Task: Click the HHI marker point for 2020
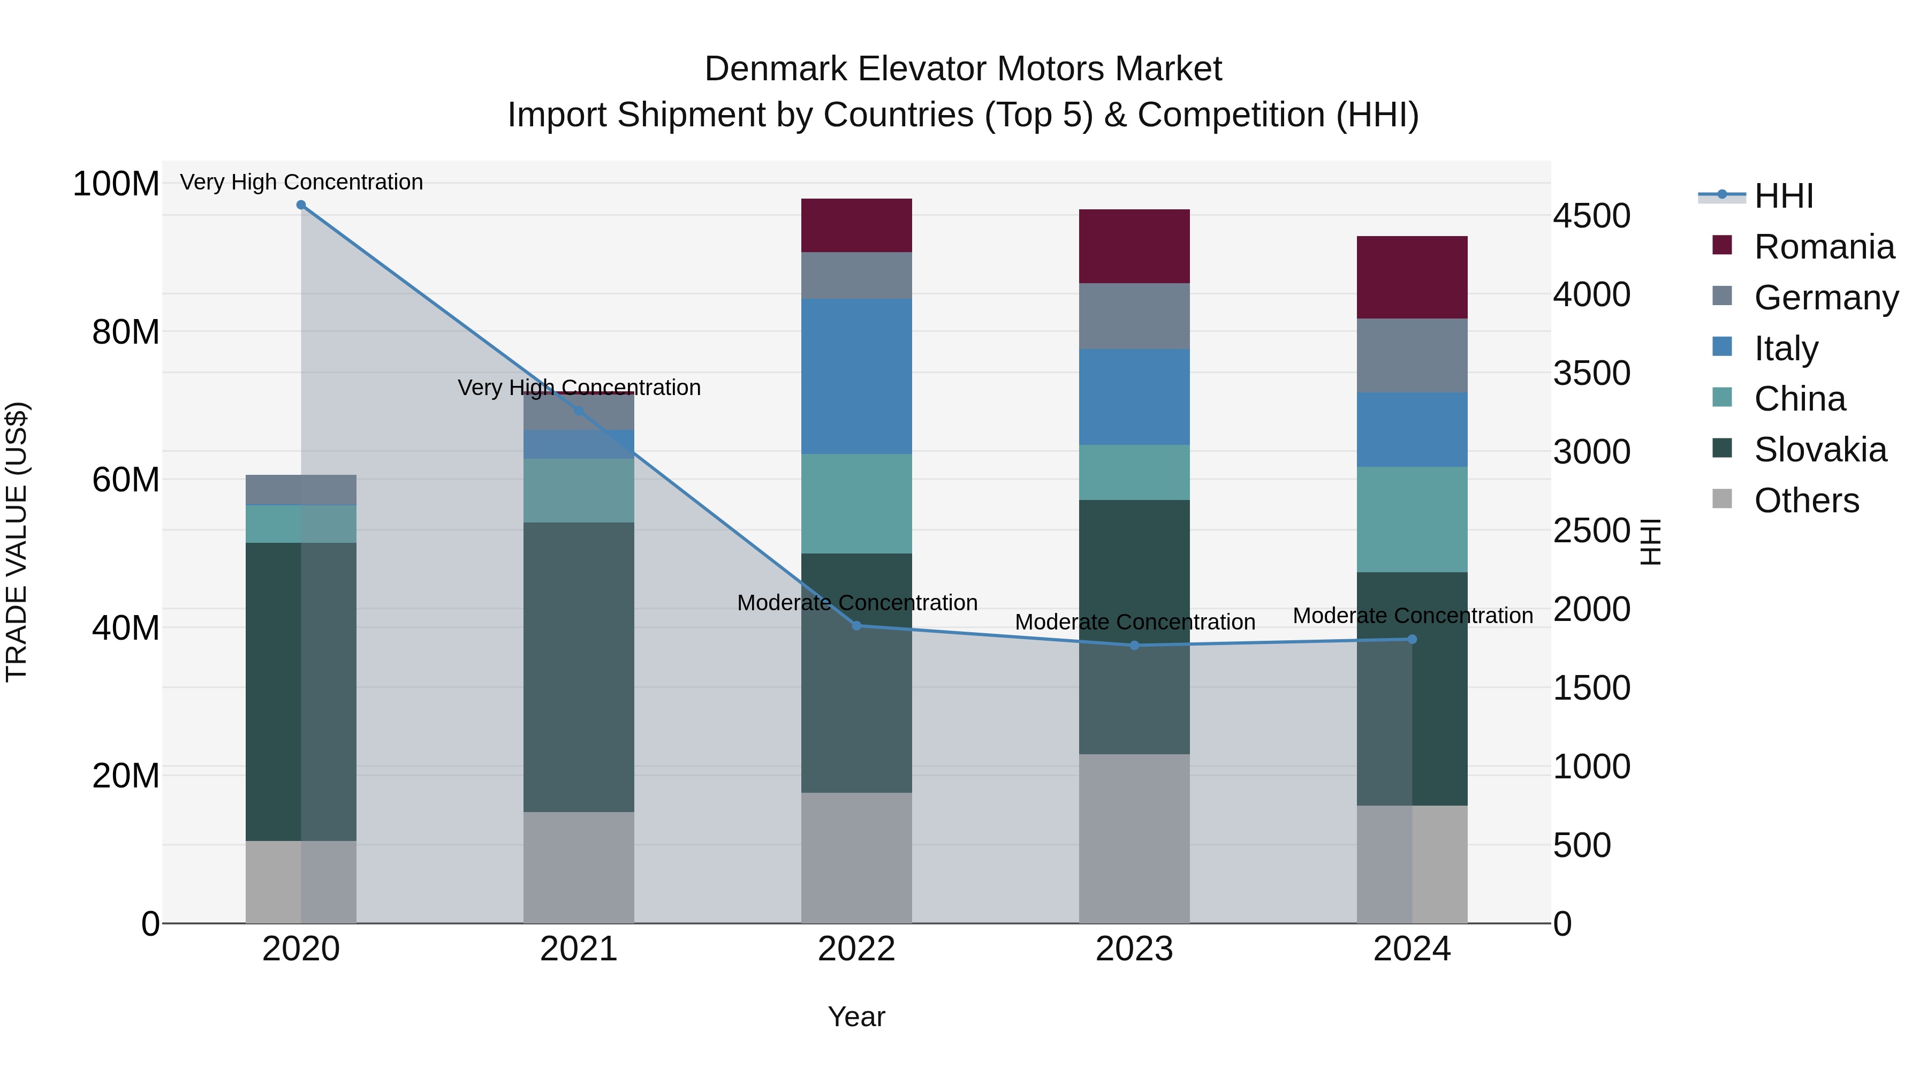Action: click(301, 205)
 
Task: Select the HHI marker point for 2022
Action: click(856, 625)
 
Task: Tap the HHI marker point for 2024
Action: click(1412, 639)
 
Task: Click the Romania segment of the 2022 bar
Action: click(856, 225)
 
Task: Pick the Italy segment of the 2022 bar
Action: click(856, 376)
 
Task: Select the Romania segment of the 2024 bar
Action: click(1412, 277)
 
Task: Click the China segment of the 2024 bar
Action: click(1412, 519)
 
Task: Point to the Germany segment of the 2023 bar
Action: click(1134, 316)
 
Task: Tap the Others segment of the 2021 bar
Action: click(578, 867)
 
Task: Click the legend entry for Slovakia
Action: click(1819, 450)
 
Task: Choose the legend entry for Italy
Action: click(1786, 348)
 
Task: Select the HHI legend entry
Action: click(1784, 196)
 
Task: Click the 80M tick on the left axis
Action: click(126, 331)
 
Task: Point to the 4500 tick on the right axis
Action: click(1591, 216)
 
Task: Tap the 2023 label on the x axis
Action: click(1134, 949)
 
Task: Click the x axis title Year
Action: click(856, 1017)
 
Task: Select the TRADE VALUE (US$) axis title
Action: click(17, 542)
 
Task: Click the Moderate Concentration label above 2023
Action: click(1134, 621)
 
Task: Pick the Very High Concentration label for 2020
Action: click(301, 182)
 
